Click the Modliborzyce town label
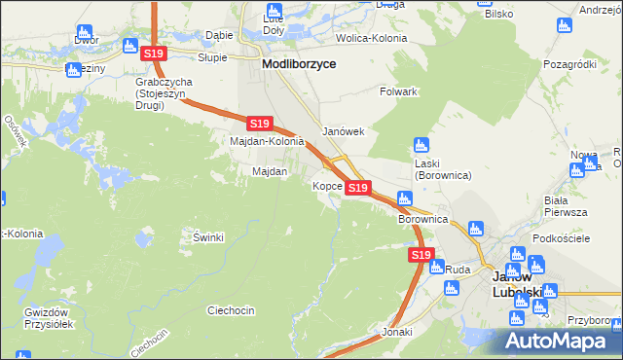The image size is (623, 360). (x=299, y=62)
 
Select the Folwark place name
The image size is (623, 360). (x=397, y=91)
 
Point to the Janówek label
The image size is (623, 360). (x=343, y=131)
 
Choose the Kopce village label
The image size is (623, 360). (x=326, y=185)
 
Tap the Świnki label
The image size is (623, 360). (x=208, y=237)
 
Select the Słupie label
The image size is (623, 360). (x=212, y=57)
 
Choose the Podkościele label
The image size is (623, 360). (x=557, y=238)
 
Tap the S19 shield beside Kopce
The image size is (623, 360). (x=357, y=187)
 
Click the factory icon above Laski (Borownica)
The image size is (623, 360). (x=421, y=144)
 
